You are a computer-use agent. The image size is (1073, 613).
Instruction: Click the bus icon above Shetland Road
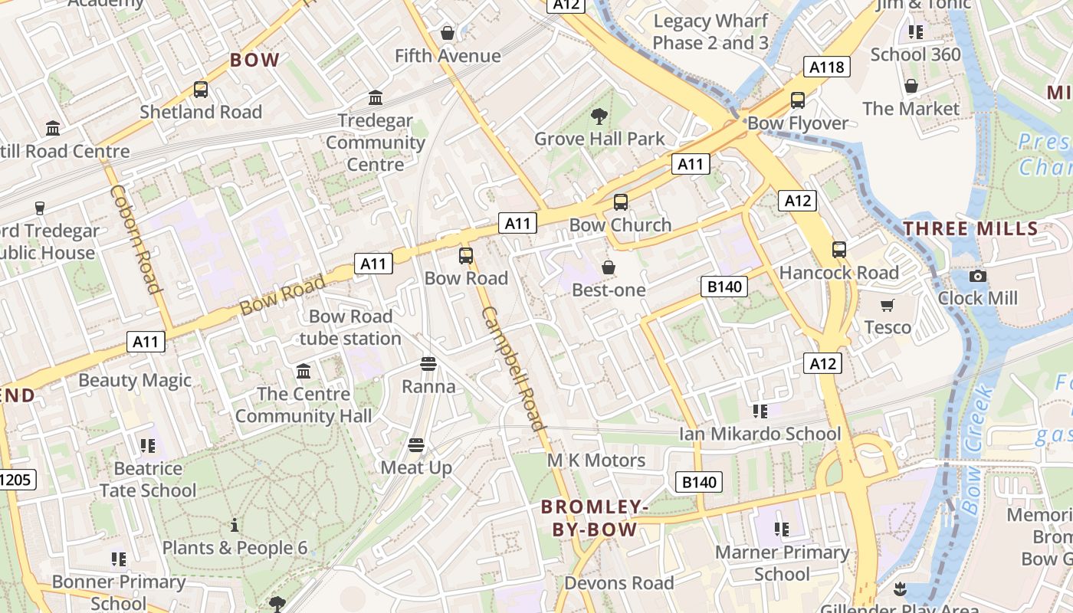tap(201, 90)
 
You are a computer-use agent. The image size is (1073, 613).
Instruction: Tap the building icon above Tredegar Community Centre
tap(376, 98)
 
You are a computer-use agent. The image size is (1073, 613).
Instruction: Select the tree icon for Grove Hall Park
tap(599, 116)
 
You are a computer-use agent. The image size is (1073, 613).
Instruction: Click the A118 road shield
tap(827, 67)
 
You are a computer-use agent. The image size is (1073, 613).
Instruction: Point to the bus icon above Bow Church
tap(621, 202)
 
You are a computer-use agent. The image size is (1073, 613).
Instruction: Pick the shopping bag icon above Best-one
tap(609, 267)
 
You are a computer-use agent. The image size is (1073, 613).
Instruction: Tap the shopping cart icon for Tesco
tap(888, 306)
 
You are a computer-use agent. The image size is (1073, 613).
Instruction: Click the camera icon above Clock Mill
tap(978, 276)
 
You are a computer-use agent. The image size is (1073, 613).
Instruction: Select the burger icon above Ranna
tap(428, 364)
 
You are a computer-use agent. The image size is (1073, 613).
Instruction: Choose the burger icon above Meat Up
tap(416, 445)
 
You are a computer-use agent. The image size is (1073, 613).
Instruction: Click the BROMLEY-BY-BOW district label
tap(595, 518)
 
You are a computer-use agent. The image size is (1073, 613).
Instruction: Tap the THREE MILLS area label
tap(970, 228)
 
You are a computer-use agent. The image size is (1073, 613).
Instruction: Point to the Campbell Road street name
tap(514, 368)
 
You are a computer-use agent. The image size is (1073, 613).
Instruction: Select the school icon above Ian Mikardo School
tap(760, 411)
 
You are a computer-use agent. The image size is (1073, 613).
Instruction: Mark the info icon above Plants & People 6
tap(235, 526)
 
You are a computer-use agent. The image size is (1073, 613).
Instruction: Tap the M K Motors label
tap(596, 461)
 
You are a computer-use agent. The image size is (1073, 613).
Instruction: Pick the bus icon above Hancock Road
tap(839, 250)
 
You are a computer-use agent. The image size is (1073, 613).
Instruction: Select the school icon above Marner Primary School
tap(782, 529)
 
